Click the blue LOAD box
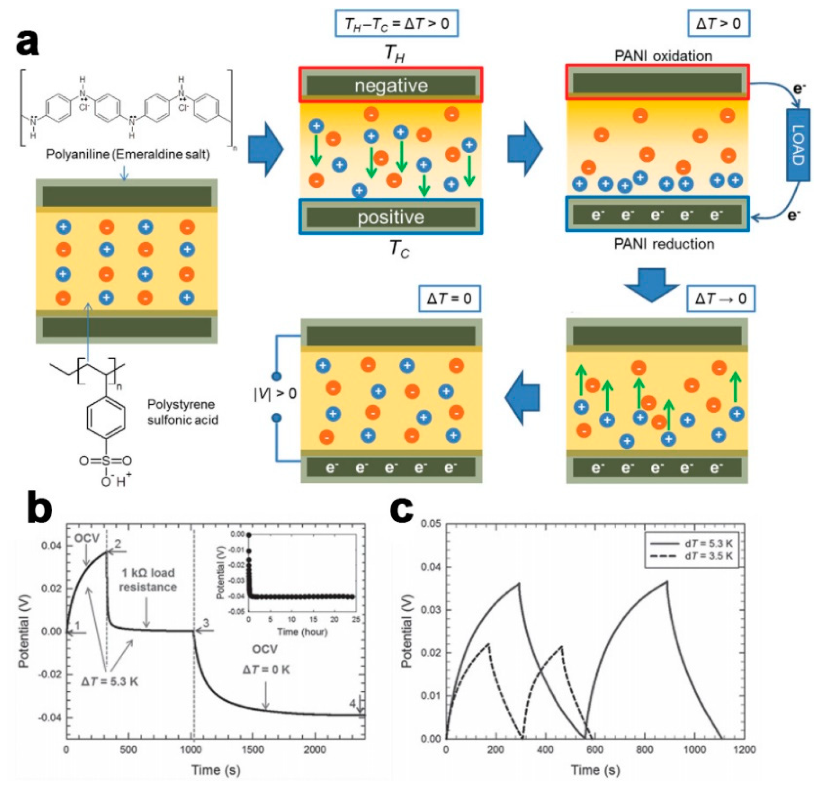[x=798, y=145]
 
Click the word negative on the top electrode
[x=391, y=86]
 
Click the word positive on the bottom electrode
[x=391, y=217]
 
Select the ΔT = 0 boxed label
[x=449, y=298]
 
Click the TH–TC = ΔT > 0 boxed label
[x=397, y=24]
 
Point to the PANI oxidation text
[x=663, y=56]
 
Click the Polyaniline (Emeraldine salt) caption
[x=128, y=154]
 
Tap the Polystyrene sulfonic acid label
[x=182, y=412]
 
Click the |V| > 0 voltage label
[x=275, y=393]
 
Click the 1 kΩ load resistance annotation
[x=148, y=580]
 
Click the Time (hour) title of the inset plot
[x=302, y=632]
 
